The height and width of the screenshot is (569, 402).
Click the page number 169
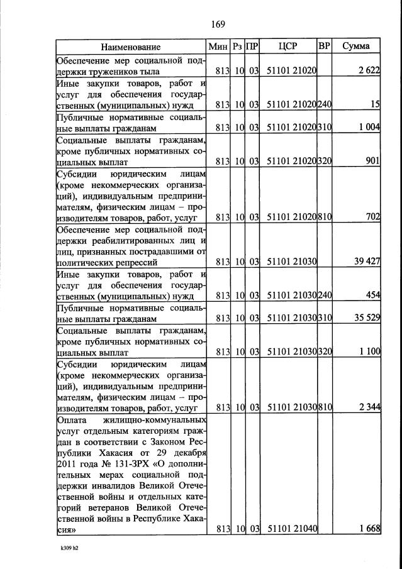coord(218,25)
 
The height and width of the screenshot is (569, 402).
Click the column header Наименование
coord(131,47)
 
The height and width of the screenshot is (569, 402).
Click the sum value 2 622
coord(369,72)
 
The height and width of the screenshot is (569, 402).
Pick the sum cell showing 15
coord(375,104)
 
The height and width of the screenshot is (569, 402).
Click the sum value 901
coord(372,161)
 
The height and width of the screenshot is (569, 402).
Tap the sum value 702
coord(372,217)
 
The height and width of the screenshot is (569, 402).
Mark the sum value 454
coord(372,296)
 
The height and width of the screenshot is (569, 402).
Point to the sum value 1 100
coord(368,351)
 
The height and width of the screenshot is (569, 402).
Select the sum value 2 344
coord(368,407)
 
